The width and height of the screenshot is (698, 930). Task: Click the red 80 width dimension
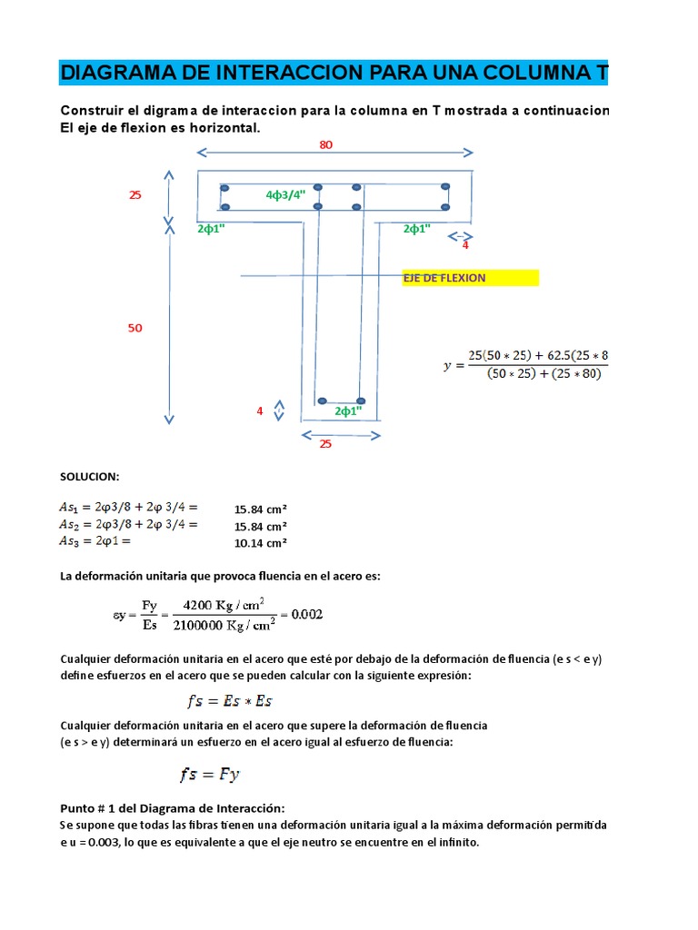(x=325, y=144)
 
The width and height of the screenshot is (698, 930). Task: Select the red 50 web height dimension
(x=135, y=328)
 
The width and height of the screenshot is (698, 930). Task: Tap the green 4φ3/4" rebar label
(x=286, y=194)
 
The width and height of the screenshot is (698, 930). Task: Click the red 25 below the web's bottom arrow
(x=324, y=444)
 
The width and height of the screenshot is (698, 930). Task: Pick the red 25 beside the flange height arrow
(x=135, y=194)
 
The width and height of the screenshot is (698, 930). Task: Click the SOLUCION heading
(x=90, y=477)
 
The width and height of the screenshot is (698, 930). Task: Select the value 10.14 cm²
(x=261, y=543)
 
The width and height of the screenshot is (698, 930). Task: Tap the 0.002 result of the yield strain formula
(x=305, y=615)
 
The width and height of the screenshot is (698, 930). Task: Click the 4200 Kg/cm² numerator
(x=224, y=603)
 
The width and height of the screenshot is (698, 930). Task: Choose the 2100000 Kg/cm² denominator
(x=224, y=626)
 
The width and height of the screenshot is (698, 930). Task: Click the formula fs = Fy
(x=209, y=775)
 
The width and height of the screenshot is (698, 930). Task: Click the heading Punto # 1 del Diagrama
(x=173, y=808)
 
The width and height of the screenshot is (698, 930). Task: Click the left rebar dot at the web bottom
(x=322, y=401)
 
